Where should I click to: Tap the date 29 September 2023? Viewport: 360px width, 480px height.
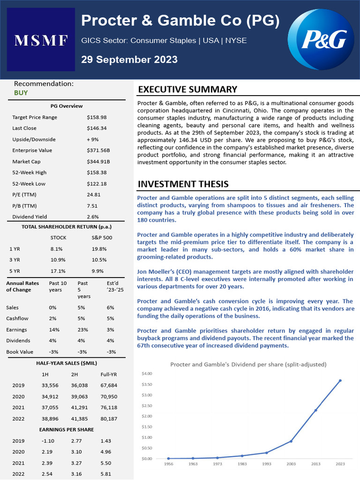click(129, 60)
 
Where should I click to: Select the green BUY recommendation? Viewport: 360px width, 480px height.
click(21, 93)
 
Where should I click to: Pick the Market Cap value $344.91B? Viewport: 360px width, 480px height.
click(99, 161)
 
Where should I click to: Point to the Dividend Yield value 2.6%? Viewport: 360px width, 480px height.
click(93, 217)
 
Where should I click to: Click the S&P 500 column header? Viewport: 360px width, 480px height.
click(102, 237)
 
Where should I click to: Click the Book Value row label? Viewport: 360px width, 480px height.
click(19, 352)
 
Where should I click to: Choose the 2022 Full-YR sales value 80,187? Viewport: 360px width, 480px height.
click(109, 419)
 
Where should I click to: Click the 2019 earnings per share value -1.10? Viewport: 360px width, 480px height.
click(48, 441)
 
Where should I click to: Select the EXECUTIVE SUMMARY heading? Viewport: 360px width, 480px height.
click(187, 90)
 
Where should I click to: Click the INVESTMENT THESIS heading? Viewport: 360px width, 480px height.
click(183, 184)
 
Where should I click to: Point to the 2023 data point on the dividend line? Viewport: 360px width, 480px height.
click(340, 381)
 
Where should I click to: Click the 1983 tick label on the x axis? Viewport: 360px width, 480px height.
click(242, 464)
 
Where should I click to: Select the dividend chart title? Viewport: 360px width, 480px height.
click(248, 364)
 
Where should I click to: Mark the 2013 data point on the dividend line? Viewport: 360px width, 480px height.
click(315, 410)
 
